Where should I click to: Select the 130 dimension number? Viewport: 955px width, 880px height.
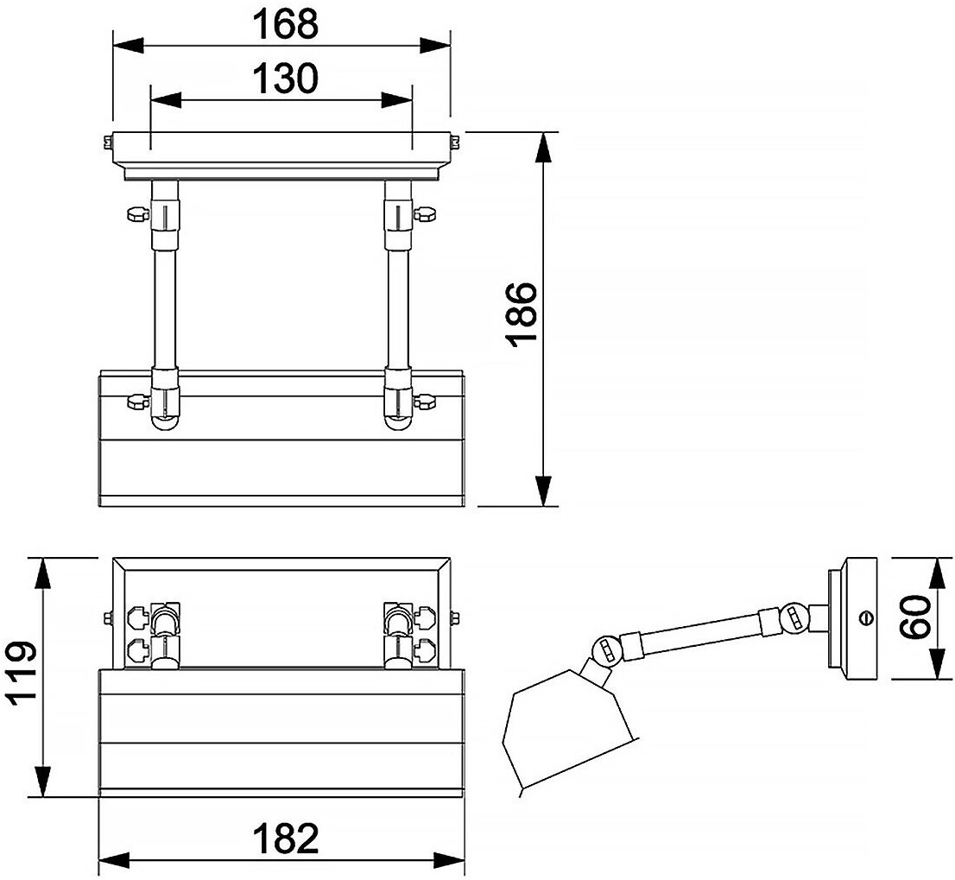(x=285, y=79)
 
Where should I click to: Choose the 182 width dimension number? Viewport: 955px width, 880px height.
(x=285, y=839)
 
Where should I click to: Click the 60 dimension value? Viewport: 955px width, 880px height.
(x=916, y=617)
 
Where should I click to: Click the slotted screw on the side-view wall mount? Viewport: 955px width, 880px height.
(x=866, y=617)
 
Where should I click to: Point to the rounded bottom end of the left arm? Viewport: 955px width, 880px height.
(x=166, y=421)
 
